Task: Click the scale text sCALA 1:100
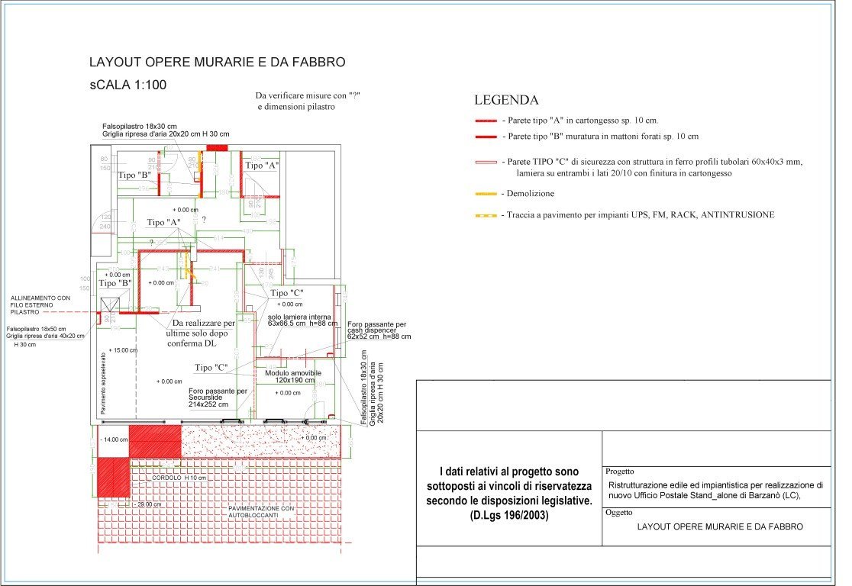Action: [x=127, y=85]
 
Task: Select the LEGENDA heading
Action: [x=506, y=100]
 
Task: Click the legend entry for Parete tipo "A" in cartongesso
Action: [x=580, y=121]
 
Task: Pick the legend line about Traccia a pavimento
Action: [x=637, y=215]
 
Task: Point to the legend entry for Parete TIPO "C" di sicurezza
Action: [x=653, y=162]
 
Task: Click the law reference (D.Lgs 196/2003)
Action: [x=509, y=516]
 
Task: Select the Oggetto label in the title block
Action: [x=620, y=513]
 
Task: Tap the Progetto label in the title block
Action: [x=621, y=472]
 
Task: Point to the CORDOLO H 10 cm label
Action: [x=179, y=478]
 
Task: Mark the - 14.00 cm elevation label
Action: [x=115, y=440]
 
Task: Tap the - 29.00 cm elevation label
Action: [x=147, y=504]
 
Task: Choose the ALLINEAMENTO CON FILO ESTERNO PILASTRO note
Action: [x=40, y=305]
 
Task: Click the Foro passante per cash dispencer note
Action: [x=379, y=330]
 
